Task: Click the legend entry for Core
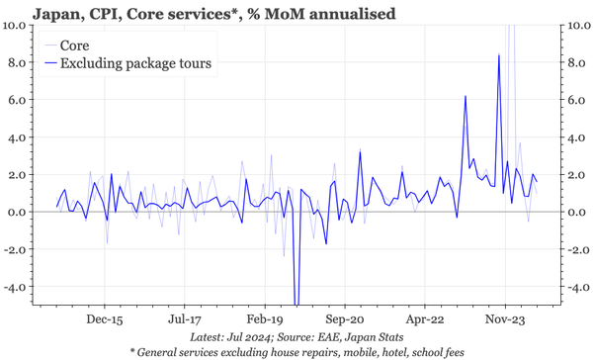pyautogui.click(x=75, y=45)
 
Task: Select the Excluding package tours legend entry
pyautogui.click(x=137, y=63)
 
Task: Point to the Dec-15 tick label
pyautogui.click(x=103, y=321)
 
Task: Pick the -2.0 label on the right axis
pyautogui.click(x=575, y=250)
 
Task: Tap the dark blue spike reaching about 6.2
pyautogui.click(x=466, y=96)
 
